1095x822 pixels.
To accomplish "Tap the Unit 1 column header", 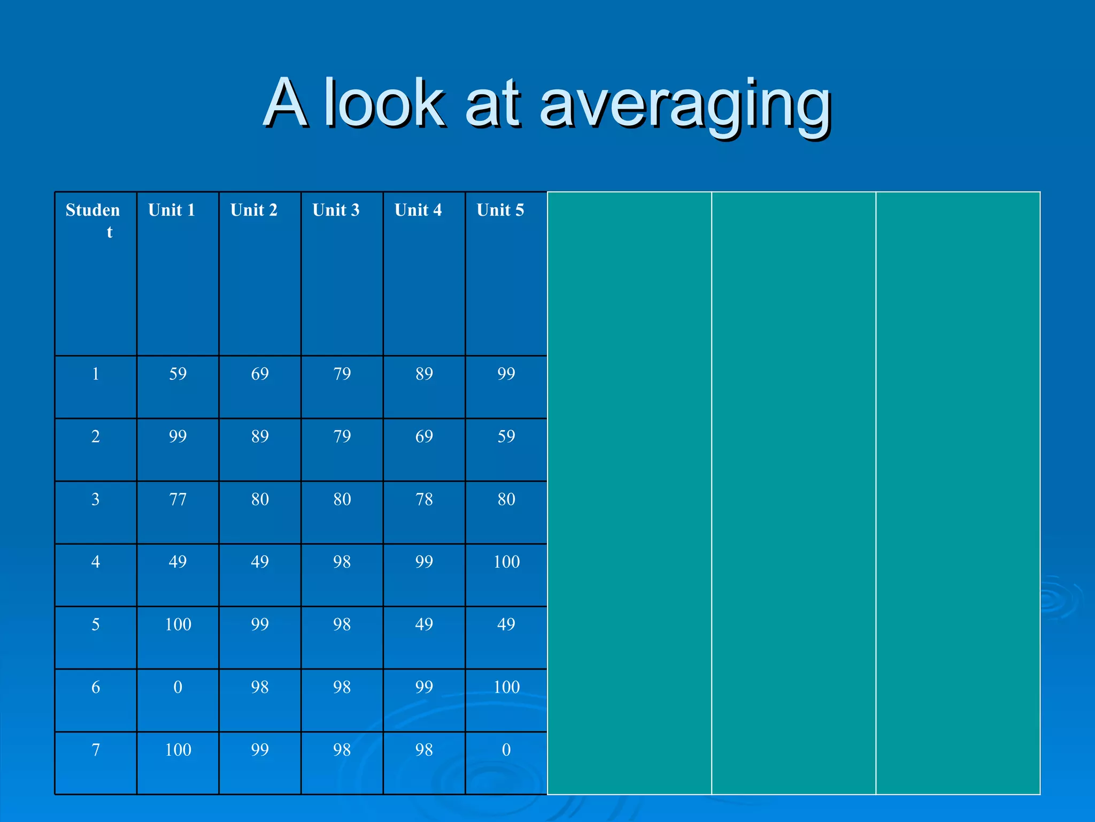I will click(x=172, y=210).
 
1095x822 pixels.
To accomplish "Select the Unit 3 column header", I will click(x=336, y=210).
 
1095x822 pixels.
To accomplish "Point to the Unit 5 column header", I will click(x=500, y=210).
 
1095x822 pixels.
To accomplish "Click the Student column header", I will click(x=93, y=220).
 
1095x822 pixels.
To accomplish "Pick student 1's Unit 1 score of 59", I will click(x=178, y=374).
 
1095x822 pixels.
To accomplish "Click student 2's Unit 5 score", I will click(x=506, y=436).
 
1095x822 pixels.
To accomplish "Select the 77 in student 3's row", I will click(x=178, y=499).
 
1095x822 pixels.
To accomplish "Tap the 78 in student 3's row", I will click(x=424, y=499).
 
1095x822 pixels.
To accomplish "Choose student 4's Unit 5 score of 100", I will click(x=506, y=562).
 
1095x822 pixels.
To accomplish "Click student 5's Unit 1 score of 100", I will click(x=178, y=625).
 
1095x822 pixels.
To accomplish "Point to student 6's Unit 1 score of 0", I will click(x=178, y=687).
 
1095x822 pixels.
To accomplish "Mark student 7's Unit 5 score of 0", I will click(x=506, y=750).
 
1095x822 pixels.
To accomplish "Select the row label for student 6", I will click(x=96, y=687).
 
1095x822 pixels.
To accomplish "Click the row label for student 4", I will click(x=96, y=562).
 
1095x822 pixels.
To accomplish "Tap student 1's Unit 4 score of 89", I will click(x=424, y=374).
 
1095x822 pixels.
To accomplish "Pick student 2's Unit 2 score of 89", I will click(x=260, y=436).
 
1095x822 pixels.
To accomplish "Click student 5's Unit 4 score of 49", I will click(x=424, y=625).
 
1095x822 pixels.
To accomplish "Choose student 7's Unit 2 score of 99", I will click(x=260, y=750).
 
